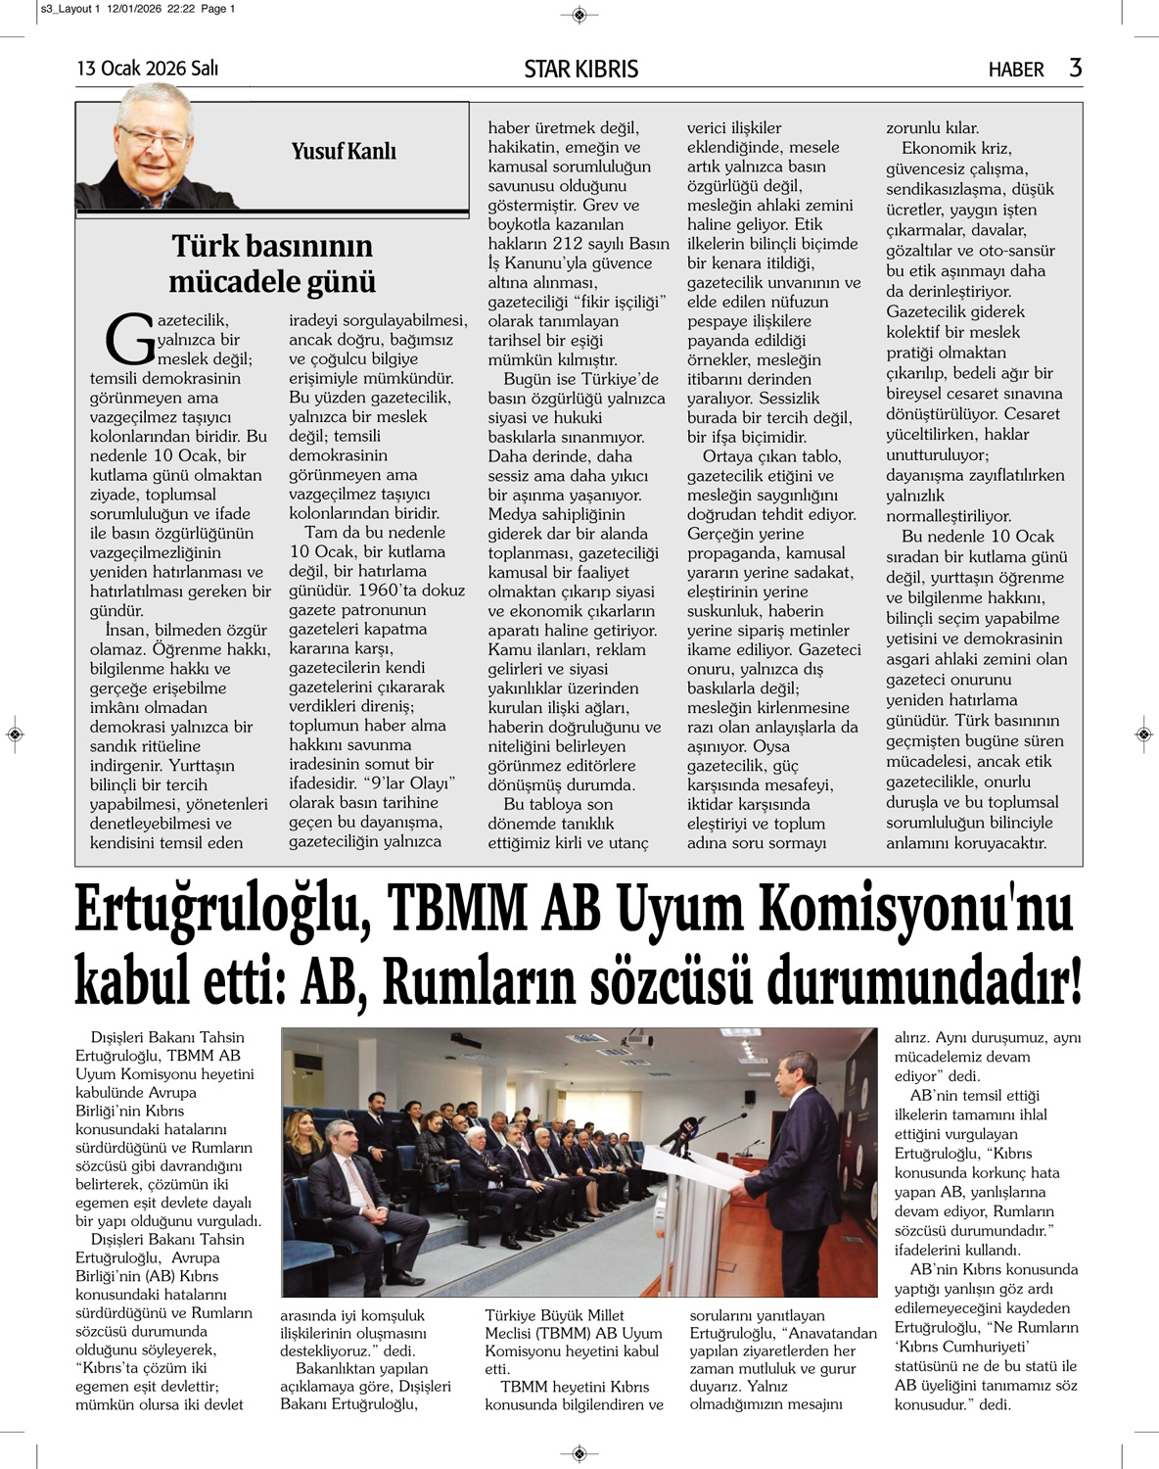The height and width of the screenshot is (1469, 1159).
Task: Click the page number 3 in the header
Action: tap(1076, 68)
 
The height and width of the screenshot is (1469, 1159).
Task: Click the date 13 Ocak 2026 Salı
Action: tap(148, 69)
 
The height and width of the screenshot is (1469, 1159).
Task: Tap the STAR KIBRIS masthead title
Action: tap(580, 69)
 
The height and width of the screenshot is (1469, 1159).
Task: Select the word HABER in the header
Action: tap(1016, 70)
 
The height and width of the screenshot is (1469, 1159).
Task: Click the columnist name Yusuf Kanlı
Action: tap(344, 151)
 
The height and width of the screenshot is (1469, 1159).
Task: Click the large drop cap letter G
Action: tap(129, 339)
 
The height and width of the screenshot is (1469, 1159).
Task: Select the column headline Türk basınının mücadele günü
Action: tap(272, 263)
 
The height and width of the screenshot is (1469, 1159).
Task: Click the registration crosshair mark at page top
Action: tap(579, 15)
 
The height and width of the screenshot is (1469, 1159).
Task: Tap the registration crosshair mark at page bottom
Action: tap(579, 1452)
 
